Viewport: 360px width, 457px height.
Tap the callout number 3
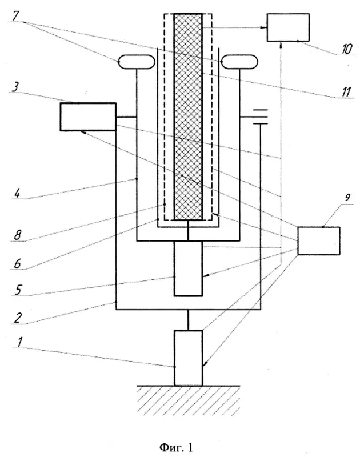click(x=15, y=87)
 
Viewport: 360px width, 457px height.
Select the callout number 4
click(x=17, y=193)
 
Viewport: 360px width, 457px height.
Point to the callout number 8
click(x=18, y=235)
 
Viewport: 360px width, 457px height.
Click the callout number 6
click(x=17, y=263)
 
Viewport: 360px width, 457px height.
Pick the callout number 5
click(x=18, y=291)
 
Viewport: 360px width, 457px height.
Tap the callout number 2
click(x=18, y=318)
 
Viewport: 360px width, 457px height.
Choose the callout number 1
click(x=19, y=342)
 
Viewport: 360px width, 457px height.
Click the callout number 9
click(x=347, y=198)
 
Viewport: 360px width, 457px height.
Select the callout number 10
click(x=347, y=49)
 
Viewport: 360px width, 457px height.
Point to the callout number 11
click(x=346, y=91)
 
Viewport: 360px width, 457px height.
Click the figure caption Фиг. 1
click(x=177, y=447)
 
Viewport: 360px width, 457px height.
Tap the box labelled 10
click(x=289, y=27)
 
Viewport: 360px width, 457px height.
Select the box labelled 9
click(x=319, y=241)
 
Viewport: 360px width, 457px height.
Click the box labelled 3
click(x=88, y=117)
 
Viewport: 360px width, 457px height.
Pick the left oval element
click(x=136, y=62)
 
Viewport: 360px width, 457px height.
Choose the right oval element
click(x=239, y=62)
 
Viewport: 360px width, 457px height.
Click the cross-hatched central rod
click(x=188, y=117)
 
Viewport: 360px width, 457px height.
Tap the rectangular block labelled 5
click(x=189, y=268)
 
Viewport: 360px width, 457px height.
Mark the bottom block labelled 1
click(x=189, y=358)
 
